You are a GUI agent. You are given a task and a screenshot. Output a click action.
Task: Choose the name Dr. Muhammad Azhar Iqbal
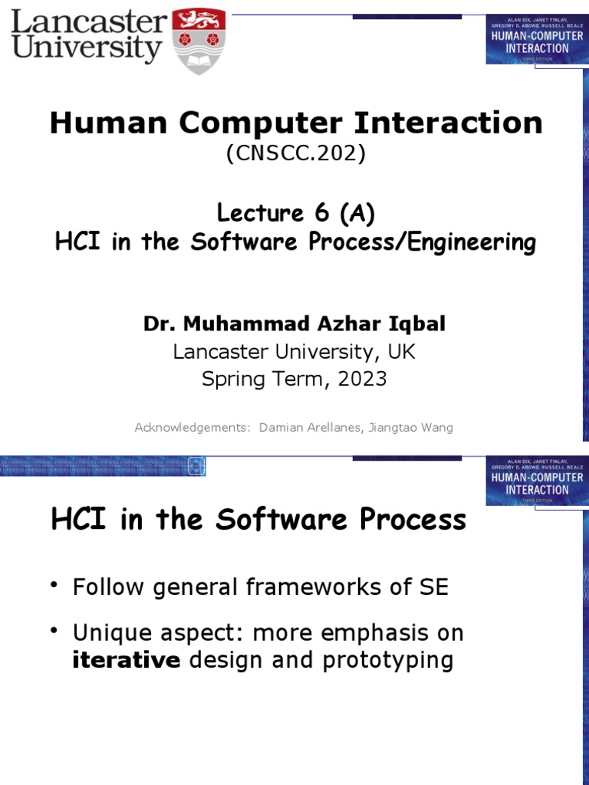294,324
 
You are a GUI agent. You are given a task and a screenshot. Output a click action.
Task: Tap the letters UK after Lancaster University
401,351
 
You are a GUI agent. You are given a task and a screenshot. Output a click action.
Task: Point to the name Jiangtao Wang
411,427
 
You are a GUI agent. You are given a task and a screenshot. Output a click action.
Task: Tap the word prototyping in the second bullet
388,660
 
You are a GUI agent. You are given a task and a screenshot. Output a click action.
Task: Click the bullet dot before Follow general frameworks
54,586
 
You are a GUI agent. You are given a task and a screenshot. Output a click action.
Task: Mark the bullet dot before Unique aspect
54,631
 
